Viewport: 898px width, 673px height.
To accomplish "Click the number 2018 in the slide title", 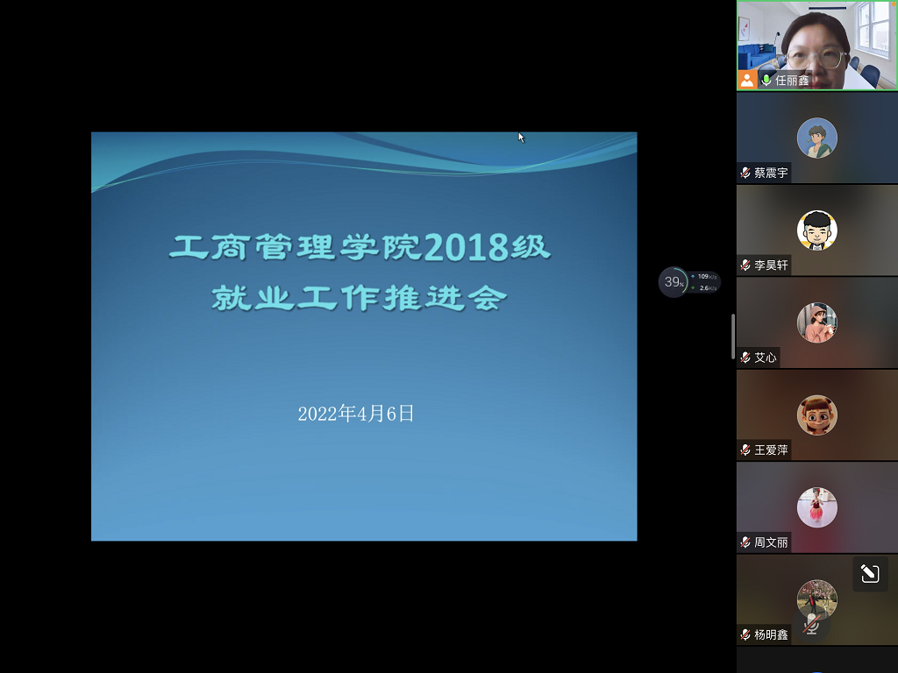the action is pyautogui.click(x=466, y=248).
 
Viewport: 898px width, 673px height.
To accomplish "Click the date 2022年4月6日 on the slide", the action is pyautogui.click(x=356, y=414).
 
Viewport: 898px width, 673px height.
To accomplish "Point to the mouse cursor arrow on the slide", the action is pyautogui.click(x=521, y=138).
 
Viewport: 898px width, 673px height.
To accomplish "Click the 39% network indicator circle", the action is pyautogui.click(x=673, y=282).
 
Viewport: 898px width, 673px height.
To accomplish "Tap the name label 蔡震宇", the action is pyautogui.click(x=771, y=173).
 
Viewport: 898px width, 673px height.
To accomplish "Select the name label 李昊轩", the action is pyautogui.click(x=771, y=265).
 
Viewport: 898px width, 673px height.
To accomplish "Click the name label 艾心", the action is pyautogui.click(x=765, y=358).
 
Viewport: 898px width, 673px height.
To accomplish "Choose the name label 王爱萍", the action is pyautogui.click(x=771, y=450).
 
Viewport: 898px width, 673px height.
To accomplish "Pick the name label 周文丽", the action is pyautogui.click(x=771, y=542).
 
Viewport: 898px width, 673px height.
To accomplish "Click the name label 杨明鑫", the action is pyautogui.click(x=771, y=634).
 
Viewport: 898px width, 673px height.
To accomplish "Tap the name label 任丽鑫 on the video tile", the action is pyautogui.click(x=792, y=80).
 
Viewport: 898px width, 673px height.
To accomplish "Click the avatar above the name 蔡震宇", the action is pyautogui.click(x=816, y=138).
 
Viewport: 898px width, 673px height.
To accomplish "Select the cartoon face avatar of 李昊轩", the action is pyautogui.click(x=816, y=230).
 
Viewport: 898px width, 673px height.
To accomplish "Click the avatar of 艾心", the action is pyautogui.click(x=816, y=322).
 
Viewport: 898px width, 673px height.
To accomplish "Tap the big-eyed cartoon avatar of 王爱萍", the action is pyautogui.click(x=816, y=414).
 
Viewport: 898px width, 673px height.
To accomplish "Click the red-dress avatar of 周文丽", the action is pyautogui.click(x=816, y=507).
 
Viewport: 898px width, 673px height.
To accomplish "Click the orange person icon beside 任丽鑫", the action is pyautogui.click(x=747, y=80).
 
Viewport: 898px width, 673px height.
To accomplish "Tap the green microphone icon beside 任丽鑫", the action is pyautogui.click(x=766, y=80).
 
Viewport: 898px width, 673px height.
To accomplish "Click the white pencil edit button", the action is pyautogui.click(x=870, y=573).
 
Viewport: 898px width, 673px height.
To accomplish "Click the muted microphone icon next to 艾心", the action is pyautogui.click(x=745, y=358).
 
